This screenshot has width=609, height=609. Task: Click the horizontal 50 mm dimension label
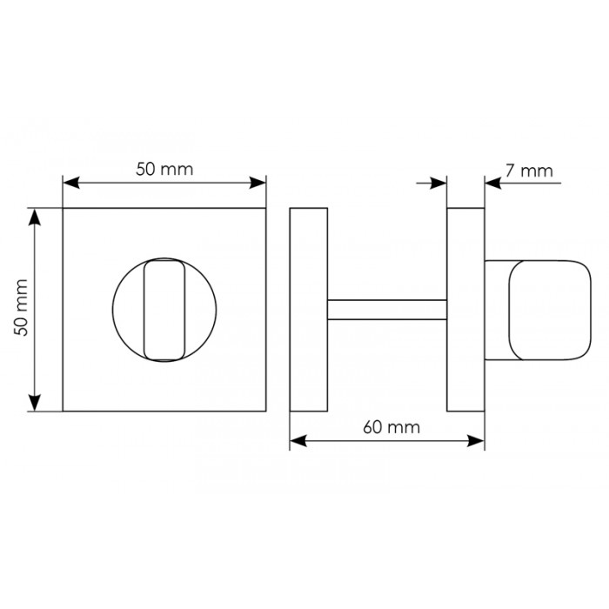click(x=164, y=170)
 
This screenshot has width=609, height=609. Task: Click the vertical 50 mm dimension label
click(x=21, y=307)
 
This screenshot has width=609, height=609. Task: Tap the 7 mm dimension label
click(x=529, y=171)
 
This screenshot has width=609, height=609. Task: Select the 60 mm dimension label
click(x=391, y=427)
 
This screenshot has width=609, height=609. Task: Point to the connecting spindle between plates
click(x=387, y=310)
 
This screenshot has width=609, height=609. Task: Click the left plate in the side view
click(x=309, y=310)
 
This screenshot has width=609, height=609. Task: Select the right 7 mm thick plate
click(x=465, y=310)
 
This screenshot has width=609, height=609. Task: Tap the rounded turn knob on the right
click(x=550, y=310)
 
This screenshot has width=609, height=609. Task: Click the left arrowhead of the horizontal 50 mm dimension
click(x=71, y=183)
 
